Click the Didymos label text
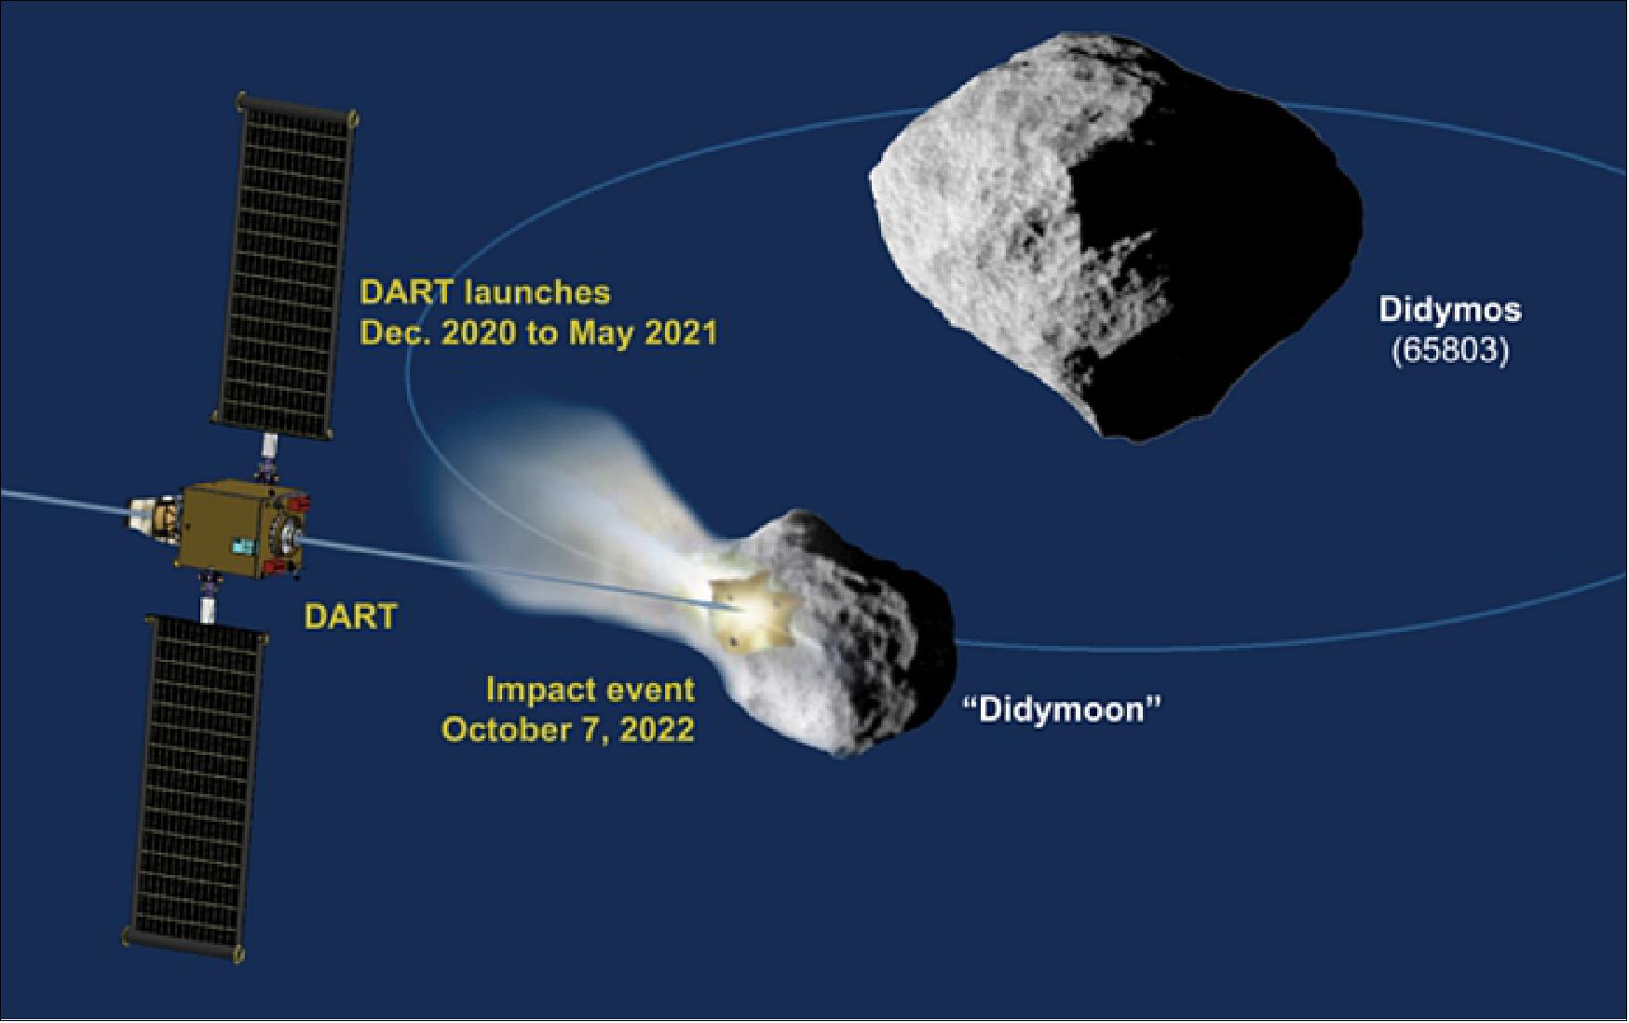(1449, 309)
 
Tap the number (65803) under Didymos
(1449, 352)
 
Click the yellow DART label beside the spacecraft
(351, 616)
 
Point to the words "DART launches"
(485, 292)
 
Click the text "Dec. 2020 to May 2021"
(538, 333)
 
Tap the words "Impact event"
(590, 690)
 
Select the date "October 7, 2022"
(568, 730)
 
